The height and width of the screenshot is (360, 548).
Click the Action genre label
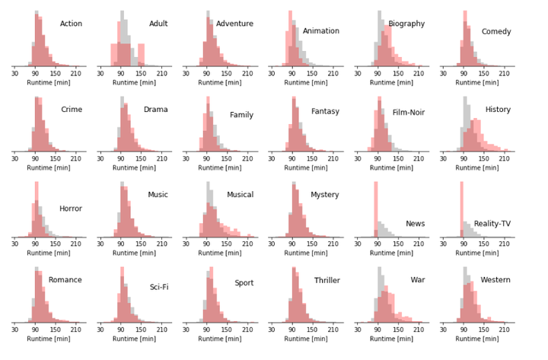pos(71,24)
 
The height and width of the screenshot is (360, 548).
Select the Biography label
pos(428,24)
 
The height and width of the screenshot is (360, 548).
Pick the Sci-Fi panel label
pos(158,287)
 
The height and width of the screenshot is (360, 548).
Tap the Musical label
pos(241,195)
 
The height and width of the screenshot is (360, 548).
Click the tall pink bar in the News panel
pos(375,209)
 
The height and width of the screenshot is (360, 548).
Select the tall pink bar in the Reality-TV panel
pos(461,209)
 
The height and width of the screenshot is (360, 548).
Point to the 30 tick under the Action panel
pos(14,73)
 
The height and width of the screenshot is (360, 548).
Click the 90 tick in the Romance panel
pos(35,329)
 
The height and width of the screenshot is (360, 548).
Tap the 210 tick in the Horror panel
pos(75,244)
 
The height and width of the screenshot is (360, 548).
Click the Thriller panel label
pos(327,281)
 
